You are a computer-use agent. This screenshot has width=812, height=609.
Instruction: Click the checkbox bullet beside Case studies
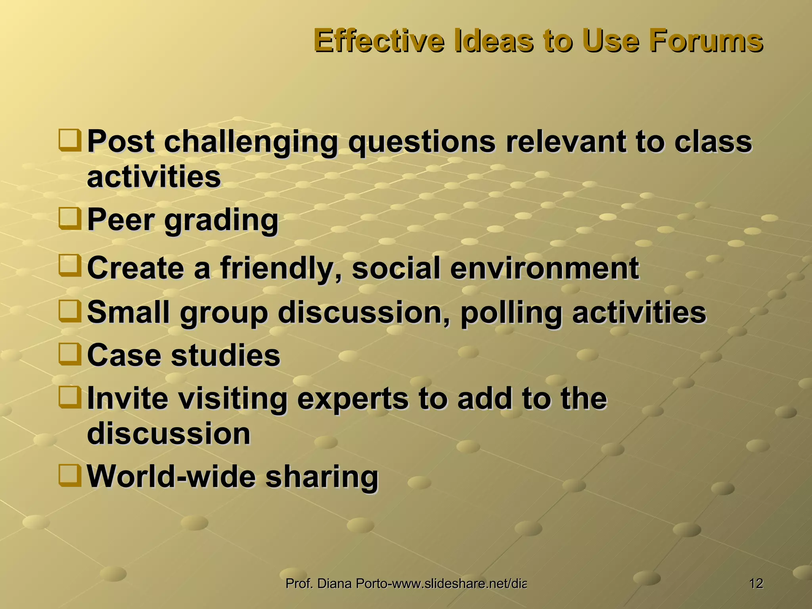coord(70,354)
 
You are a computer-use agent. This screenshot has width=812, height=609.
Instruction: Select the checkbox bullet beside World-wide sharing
coord(70,475)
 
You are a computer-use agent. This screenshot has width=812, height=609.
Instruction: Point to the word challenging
coord(251,142)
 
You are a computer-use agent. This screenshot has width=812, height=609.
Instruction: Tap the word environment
coord(544,268)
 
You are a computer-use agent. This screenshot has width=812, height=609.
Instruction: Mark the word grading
coord(221,220)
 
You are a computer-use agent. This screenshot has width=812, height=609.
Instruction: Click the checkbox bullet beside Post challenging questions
coord(70,140)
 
